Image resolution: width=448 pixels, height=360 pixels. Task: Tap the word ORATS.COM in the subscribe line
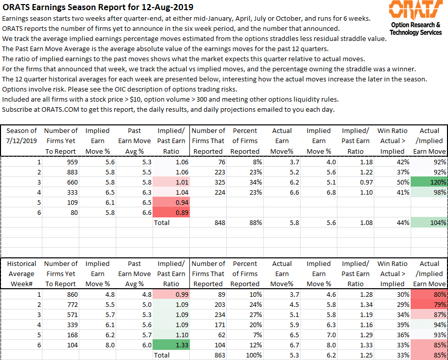60,110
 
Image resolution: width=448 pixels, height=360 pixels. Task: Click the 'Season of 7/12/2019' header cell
21,136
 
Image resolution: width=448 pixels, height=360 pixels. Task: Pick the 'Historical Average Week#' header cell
21,274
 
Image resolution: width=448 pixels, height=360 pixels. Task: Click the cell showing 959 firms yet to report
61,162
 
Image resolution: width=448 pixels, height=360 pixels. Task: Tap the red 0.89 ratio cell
171,212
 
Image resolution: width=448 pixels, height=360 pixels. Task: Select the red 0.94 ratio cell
171,202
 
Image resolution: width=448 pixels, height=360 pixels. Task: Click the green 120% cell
429,182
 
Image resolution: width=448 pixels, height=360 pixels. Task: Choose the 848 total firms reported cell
208,223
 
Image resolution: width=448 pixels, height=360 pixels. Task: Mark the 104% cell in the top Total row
429,223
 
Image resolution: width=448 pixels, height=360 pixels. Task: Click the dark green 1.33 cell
171,345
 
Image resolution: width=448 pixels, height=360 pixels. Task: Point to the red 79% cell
429,304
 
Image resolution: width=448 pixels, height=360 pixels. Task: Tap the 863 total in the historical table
208,355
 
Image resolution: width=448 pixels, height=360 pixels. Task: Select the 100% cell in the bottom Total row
245,355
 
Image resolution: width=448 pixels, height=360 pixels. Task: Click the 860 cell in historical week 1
61,294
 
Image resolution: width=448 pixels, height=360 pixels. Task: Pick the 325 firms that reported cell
208,182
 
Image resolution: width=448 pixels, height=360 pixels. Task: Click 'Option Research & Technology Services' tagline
416,29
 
